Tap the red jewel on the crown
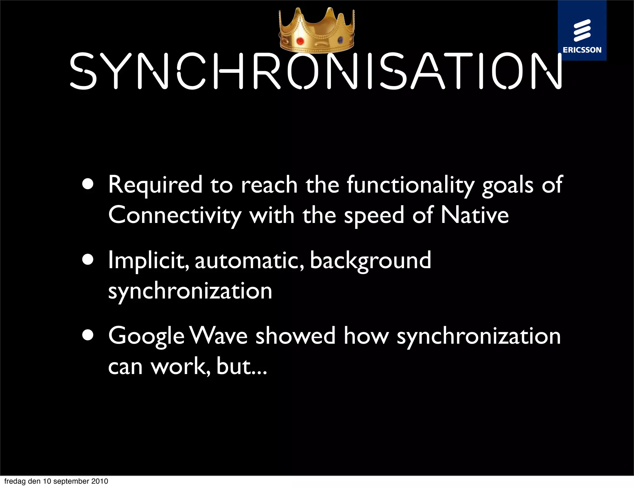pyautogui.click(x=300, y=41)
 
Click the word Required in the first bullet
pyautogui.click(x=155, y=185)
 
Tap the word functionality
pyautogui.click(x=410, y=185)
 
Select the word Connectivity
pyautogui.click(x=175, y=216)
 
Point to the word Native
pyautogui.click(x=474, y=215)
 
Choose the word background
pyautogui.click(x=370, y=261)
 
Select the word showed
pyautogui.click(x=295, y=336)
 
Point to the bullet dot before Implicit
pyautogui.click(x=88, y=260)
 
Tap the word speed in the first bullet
pyautogui.click(x=374, y=216)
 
